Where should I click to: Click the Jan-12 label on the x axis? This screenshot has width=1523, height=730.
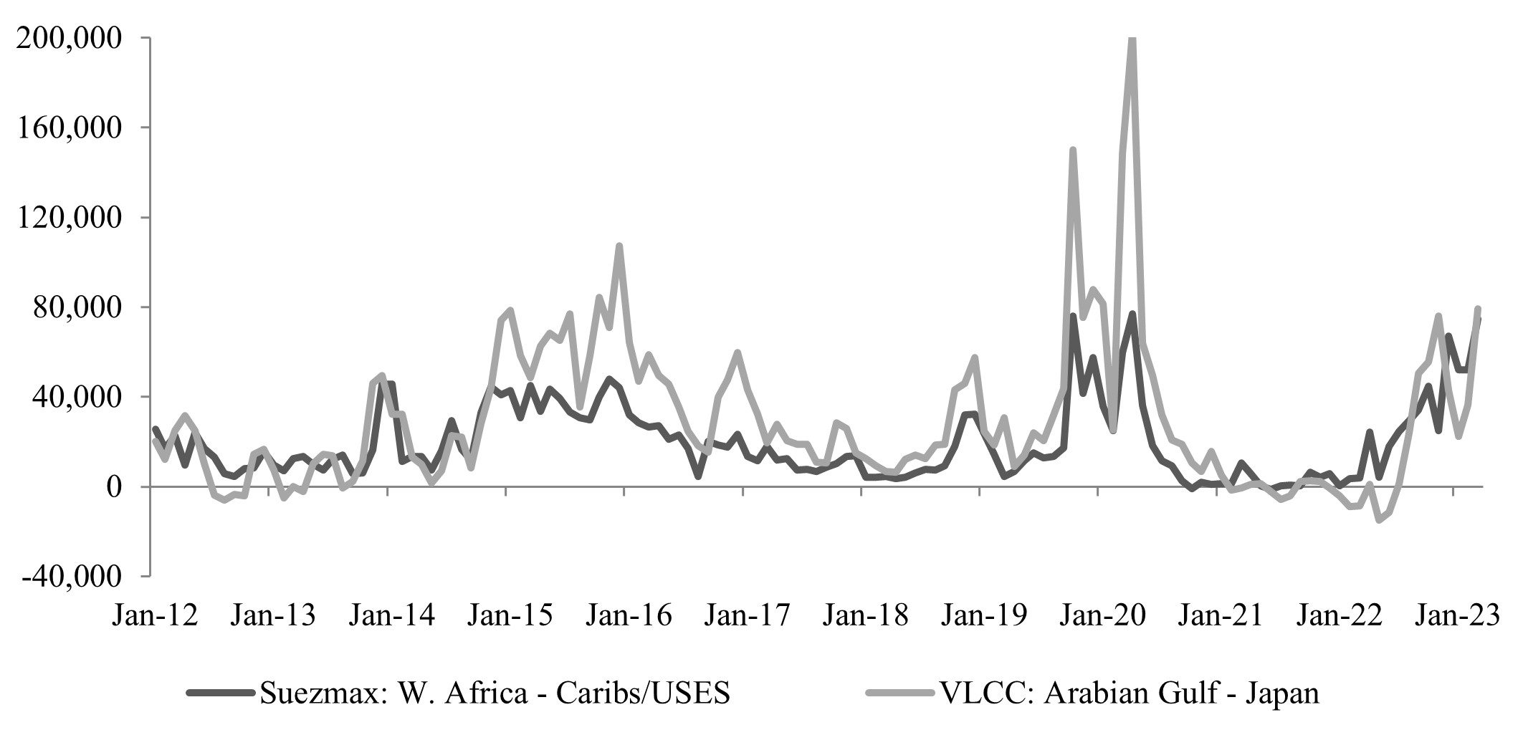point(155,615)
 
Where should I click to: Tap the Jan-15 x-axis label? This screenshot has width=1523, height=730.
point(510,615)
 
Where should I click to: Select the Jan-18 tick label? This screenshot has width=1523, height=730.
point(865,615)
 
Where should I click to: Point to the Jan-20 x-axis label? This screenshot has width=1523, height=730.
point(1102,615)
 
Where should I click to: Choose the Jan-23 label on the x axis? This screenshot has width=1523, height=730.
point(1456,615)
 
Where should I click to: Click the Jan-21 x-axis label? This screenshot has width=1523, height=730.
point(1220,615)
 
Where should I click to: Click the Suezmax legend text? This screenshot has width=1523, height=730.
point(495,693)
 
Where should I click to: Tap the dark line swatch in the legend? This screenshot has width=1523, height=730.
point(220,693)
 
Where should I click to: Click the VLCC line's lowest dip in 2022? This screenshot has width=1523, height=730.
point(1379,520)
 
